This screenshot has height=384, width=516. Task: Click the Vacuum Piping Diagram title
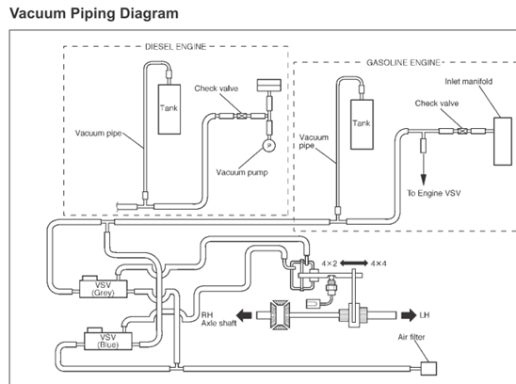coord(94,13)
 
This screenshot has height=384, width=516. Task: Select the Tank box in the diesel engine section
coord(169,109)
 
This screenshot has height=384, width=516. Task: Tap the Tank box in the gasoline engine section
coord(362,124)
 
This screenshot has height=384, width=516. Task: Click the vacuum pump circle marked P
coord(269,146)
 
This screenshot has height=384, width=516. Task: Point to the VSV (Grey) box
coord(104,289)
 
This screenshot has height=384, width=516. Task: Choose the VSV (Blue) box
coord(108,341)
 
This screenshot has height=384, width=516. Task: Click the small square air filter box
coord(429,369)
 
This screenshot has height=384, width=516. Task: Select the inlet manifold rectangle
coord(503,141)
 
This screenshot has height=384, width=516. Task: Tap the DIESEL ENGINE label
coord(176,47)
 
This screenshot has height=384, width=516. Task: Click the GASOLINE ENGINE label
coord(403,62)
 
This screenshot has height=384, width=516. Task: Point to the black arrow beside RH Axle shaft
coord(244,315)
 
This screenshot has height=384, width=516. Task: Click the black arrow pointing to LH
coord(409,315)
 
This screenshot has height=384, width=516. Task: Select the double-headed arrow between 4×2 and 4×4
coord(354,264)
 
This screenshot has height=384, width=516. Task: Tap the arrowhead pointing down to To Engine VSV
coord(423,181)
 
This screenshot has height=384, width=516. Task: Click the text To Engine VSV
coord(434,193)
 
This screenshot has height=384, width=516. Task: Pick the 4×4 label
coord(379,264)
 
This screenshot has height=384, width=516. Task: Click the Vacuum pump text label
coord(242,173)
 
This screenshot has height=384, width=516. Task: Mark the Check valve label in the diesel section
coord(217,88)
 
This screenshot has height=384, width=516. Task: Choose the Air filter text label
coord(411,337)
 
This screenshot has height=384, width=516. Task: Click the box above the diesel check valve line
coord(269,86)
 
